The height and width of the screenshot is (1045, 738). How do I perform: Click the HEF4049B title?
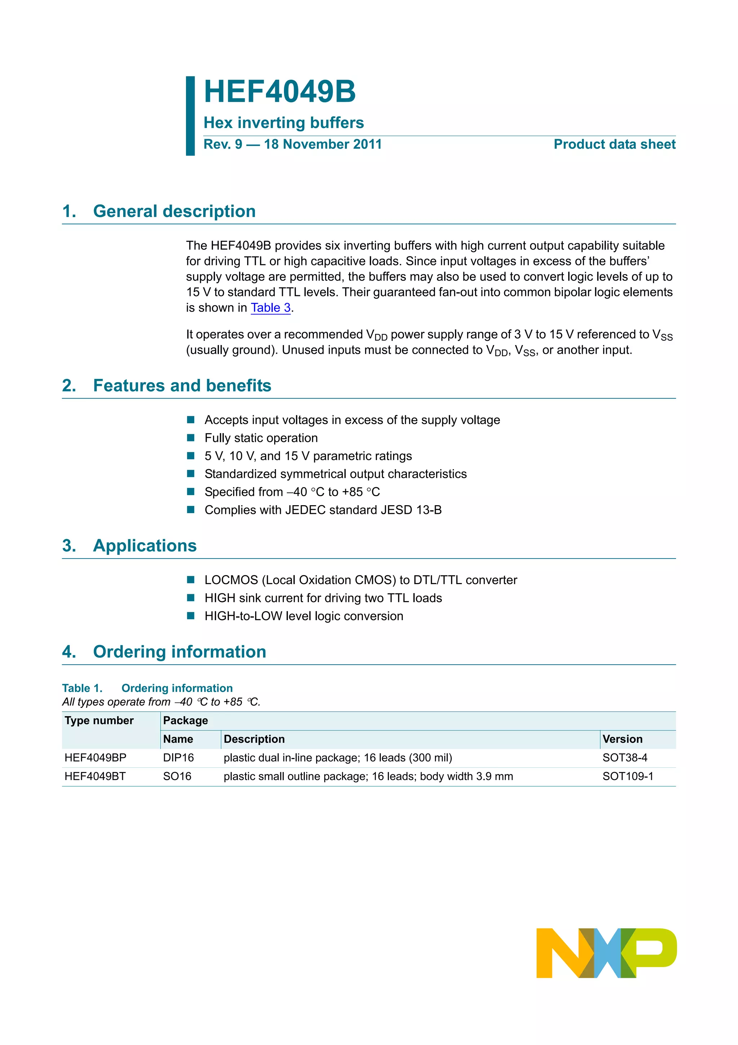click(279, 92)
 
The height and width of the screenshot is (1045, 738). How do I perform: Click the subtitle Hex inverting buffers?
click(283, 123)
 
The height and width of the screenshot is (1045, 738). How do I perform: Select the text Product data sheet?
click(614, 144)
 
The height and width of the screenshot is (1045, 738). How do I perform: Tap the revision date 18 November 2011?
click(323, 144)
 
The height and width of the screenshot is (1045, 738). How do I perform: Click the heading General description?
click(174, 211)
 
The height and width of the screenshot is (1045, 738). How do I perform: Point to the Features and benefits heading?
click(182, 385)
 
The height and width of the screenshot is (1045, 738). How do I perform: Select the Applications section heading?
click(145, 546)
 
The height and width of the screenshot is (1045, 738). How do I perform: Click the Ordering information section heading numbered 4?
click(179, 652)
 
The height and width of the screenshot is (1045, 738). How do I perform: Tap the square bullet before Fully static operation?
click(191, 438)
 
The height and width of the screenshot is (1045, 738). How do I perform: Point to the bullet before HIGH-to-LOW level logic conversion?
click(191, 616)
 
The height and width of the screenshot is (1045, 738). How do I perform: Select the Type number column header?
click(99, 720)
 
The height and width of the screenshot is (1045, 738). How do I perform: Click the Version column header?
click(622, 739)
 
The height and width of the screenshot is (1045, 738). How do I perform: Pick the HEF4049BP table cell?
click(95, 758)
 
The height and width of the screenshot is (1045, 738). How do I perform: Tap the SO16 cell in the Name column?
click(177, 776)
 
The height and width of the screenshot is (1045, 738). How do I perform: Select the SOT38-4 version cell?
click(624, 758)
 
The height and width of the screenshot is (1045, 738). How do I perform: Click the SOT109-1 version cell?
click(627, 776)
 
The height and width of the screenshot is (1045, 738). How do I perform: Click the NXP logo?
click(606, 953)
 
